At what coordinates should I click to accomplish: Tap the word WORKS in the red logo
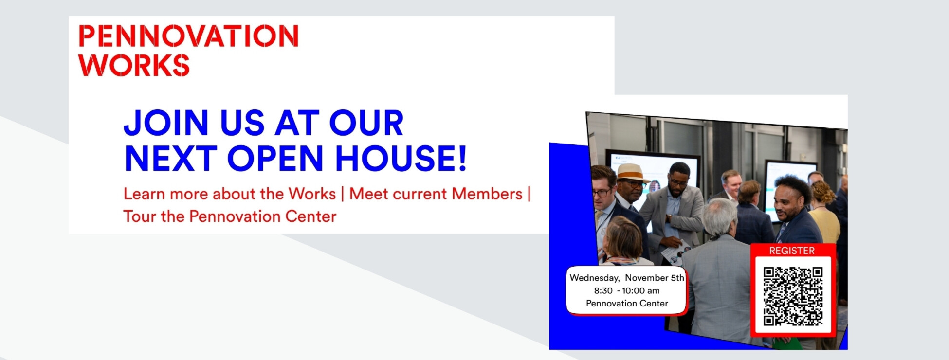point(134,65)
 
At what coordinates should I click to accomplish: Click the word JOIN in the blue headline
point(166,123)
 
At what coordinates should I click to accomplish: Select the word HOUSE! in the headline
point(401,159)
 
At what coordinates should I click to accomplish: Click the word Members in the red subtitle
point(487,194)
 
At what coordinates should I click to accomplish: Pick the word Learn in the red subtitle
point(144,194)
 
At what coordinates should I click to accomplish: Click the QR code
point(793,296)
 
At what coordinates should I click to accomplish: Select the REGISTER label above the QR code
point(792,251)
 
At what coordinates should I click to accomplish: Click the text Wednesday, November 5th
point(627,278)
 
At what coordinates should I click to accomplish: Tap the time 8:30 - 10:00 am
point(627,290)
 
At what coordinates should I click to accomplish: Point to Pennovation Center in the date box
point(627,303)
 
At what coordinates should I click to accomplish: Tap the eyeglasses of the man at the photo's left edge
point(602,192)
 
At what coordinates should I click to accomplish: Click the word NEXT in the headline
point(170,159)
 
